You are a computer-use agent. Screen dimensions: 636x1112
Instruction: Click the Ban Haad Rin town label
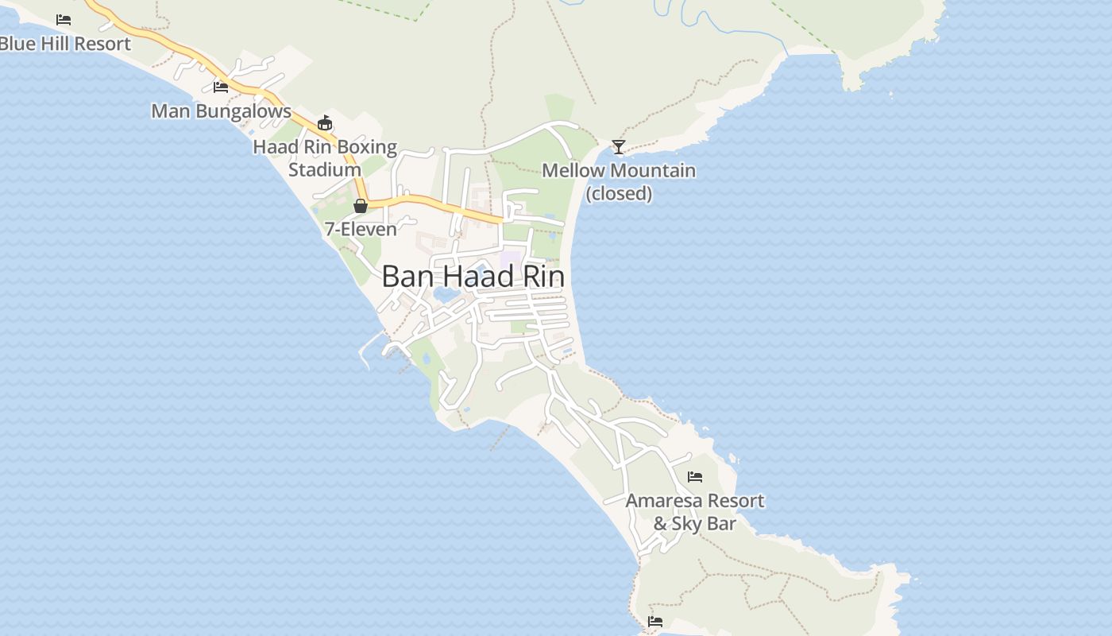pyautogui.click(x=473, y=277)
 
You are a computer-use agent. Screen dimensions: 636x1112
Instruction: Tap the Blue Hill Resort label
pyautogui.click(x=65, y=44)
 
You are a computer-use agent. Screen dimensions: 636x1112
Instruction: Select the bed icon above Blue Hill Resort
pyautogui.click(x=64, y=19)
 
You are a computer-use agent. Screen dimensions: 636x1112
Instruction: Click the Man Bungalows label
pyautogui.click(x=221, y=111)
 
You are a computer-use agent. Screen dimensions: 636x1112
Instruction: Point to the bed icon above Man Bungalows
pyautogui.click(x=221, y=87)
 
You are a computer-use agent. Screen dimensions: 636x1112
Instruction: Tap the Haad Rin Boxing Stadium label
pyautogui.click(x=325, y=157)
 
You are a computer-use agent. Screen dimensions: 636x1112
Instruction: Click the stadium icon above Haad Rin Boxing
pyautogui.click(x=324, y=122)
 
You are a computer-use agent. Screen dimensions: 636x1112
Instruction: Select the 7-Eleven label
pyautogui.click(x=361, y=229)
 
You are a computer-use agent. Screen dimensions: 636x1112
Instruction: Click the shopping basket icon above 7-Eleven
pyautogui.click(x=361, y=206)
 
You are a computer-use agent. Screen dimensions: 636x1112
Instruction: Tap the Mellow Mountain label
pyautogui.click(x=619, y=170)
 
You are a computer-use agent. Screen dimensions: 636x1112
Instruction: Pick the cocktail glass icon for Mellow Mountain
pyautogui.click(x=619, y=147)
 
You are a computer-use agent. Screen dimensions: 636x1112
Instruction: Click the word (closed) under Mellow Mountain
pyautogui.click(x=619, y=193)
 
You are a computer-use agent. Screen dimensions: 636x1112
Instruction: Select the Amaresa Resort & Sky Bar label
pyautogui.click(x=695, y=511)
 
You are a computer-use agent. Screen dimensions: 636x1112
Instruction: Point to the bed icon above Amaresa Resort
pyautogui.click(x=695, y=477)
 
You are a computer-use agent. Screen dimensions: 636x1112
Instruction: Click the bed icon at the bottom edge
pyautogui.click(x=655, y=621)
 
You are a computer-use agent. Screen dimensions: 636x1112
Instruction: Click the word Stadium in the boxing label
pyautogui.click(x=325, y=169)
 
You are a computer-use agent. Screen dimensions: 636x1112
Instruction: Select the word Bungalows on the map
pyautogui.click(x=244, y=111)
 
